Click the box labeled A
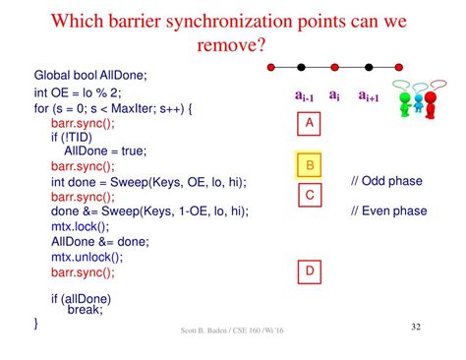310,124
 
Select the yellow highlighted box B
310,165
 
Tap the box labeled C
310,195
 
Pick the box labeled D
310,270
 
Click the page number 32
415,326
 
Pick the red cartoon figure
430,103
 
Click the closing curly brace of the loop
36,322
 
